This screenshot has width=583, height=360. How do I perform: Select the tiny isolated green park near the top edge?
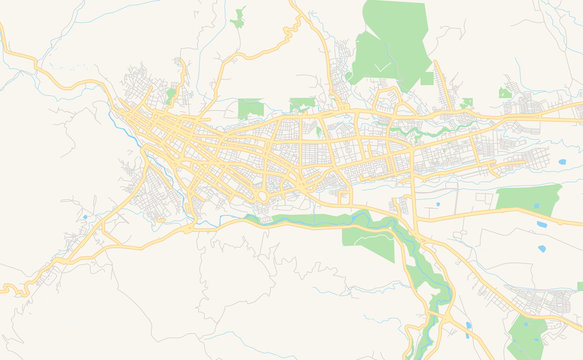(239, 17)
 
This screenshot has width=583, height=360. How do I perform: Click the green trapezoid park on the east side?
(528, 197)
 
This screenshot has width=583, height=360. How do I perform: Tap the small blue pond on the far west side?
(85, 216)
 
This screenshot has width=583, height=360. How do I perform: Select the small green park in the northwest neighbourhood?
(171, 95)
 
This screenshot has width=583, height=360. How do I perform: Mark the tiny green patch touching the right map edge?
(579, 286)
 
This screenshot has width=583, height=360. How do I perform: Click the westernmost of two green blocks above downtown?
(250, 107)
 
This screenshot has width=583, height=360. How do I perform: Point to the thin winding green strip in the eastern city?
(420, 128)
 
